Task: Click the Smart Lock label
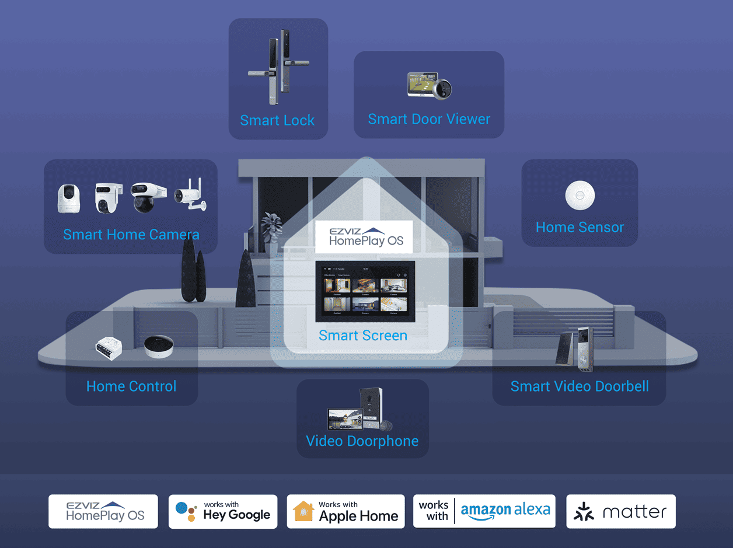pos(277,121)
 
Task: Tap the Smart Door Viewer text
pos(429,119)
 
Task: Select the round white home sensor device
pos(580,196)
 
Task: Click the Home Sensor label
pos(580,228)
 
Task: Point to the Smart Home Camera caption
pos(131,235)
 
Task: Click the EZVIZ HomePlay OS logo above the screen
pos(364,236)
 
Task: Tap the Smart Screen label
pos(363,336)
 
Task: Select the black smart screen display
pos(365,291)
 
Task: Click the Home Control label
pos(131,386)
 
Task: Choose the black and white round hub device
pos(159,347)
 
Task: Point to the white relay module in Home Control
pos(109,348)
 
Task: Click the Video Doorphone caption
pos(362,441)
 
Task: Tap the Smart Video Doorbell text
pos(580,386)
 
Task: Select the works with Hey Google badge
pos(223,511)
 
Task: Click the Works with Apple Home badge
pos(345,511)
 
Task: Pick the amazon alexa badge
pos(484,511)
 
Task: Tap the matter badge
pos(620,512)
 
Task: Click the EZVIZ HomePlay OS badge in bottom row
pos(103,511)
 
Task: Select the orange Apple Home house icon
pos(303,512)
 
